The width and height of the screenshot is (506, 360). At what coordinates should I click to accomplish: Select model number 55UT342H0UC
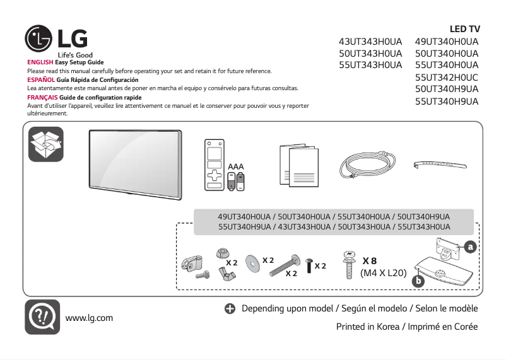pyautogui.click(x=447, y=77)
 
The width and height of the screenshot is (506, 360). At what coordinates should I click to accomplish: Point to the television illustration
pyautogui.click(x=134, y=160)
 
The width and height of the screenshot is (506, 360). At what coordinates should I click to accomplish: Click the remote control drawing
pyautogui.click(x=215, y=164)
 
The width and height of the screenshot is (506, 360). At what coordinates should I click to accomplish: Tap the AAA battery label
pyautogui.click(x=236, y=166)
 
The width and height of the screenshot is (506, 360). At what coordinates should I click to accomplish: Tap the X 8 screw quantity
pyautogui.click(x=369, y=261)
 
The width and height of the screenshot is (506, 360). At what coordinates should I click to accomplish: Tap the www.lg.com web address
pyautogui.click(x=89, y=317)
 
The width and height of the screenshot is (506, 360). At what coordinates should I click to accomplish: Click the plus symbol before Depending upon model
pyautogui.click(x=229, y=309)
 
